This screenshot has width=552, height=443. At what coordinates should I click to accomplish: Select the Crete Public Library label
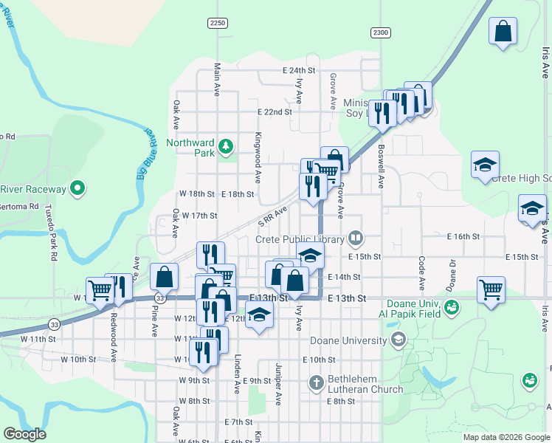click(300, 239)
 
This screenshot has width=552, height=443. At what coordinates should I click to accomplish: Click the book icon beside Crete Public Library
click(356, 238)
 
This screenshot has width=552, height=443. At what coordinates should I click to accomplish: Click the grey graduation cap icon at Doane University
click(399, 340)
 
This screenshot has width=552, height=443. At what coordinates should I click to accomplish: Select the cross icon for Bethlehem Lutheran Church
click(316, 382)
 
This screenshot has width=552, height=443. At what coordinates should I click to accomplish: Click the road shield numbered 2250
click(217, 24)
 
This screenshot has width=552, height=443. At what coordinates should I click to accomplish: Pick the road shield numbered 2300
click(380, 32)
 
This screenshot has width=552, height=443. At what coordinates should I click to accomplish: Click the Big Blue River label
click(148, 154)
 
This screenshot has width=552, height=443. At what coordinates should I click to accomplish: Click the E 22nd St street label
click(275, 112)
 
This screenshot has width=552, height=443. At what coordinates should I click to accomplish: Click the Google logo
click(24, 434)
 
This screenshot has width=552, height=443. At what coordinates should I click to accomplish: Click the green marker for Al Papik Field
click(452, 306)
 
